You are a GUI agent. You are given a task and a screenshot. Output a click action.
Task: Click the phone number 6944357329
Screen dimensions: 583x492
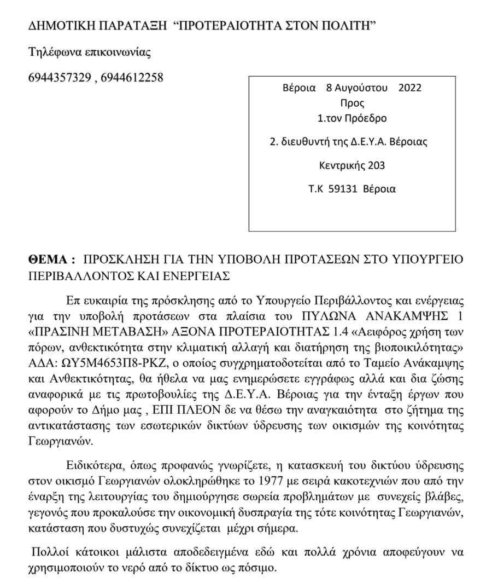(x=59, y=78)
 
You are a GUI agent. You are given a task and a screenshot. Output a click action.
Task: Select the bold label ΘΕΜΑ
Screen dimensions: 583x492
(x=50, y=258)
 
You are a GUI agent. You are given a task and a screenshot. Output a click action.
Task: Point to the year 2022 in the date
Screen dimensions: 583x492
(x=410, y=88)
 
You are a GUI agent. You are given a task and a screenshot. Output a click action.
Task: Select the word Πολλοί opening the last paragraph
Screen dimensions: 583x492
(x=50, y=552)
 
